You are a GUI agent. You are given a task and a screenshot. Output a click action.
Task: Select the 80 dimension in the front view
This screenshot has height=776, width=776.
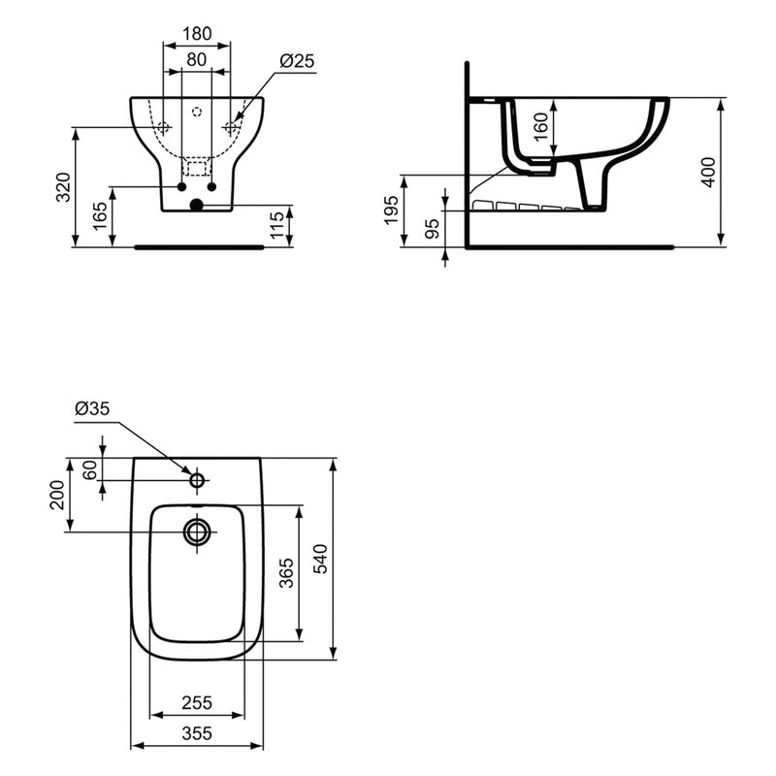[197, 60]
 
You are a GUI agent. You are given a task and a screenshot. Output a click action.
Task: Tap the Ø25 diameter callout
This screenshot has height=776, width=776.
[297, 60]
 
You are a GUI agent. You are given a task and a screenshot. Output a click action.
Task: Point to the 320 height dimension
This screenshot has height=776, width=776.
[63, 187]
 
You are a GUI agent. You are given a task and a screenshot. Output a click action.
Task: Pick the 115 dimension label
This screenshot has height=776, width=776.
[277, 225]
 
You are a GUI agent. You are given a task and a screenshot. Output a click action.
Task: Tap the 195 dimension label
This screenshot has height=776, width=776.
[391, 210]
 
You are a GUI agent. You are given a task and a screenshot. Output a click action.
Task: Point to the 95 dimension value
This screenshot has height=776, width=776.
[433, 229]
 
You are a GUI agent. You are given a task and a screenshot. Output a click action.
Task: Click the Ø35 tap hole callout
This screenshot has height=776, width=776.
[93, 408]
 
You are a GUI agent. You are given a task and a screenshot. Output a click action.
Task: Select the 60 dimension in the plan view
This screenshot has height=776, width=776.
[90, 469]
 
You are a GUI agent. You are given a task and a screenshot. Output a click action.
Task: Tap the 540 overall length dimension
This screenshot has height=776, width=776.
[323, 559]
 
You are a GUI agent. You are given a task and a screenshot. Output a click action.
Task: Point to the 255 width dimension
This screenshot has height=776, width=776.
[197, 702]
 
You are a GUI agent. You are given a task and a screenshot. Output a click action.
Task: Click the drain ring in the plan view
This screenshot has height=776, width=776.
[197, 532]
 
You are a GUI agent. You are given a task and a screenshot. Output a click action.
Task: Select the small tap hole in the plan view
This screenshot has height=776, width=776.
[197, 479]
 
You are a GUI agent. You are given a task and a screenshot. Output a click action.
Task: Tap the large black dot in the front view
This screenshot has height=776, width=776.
[197, 205]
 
